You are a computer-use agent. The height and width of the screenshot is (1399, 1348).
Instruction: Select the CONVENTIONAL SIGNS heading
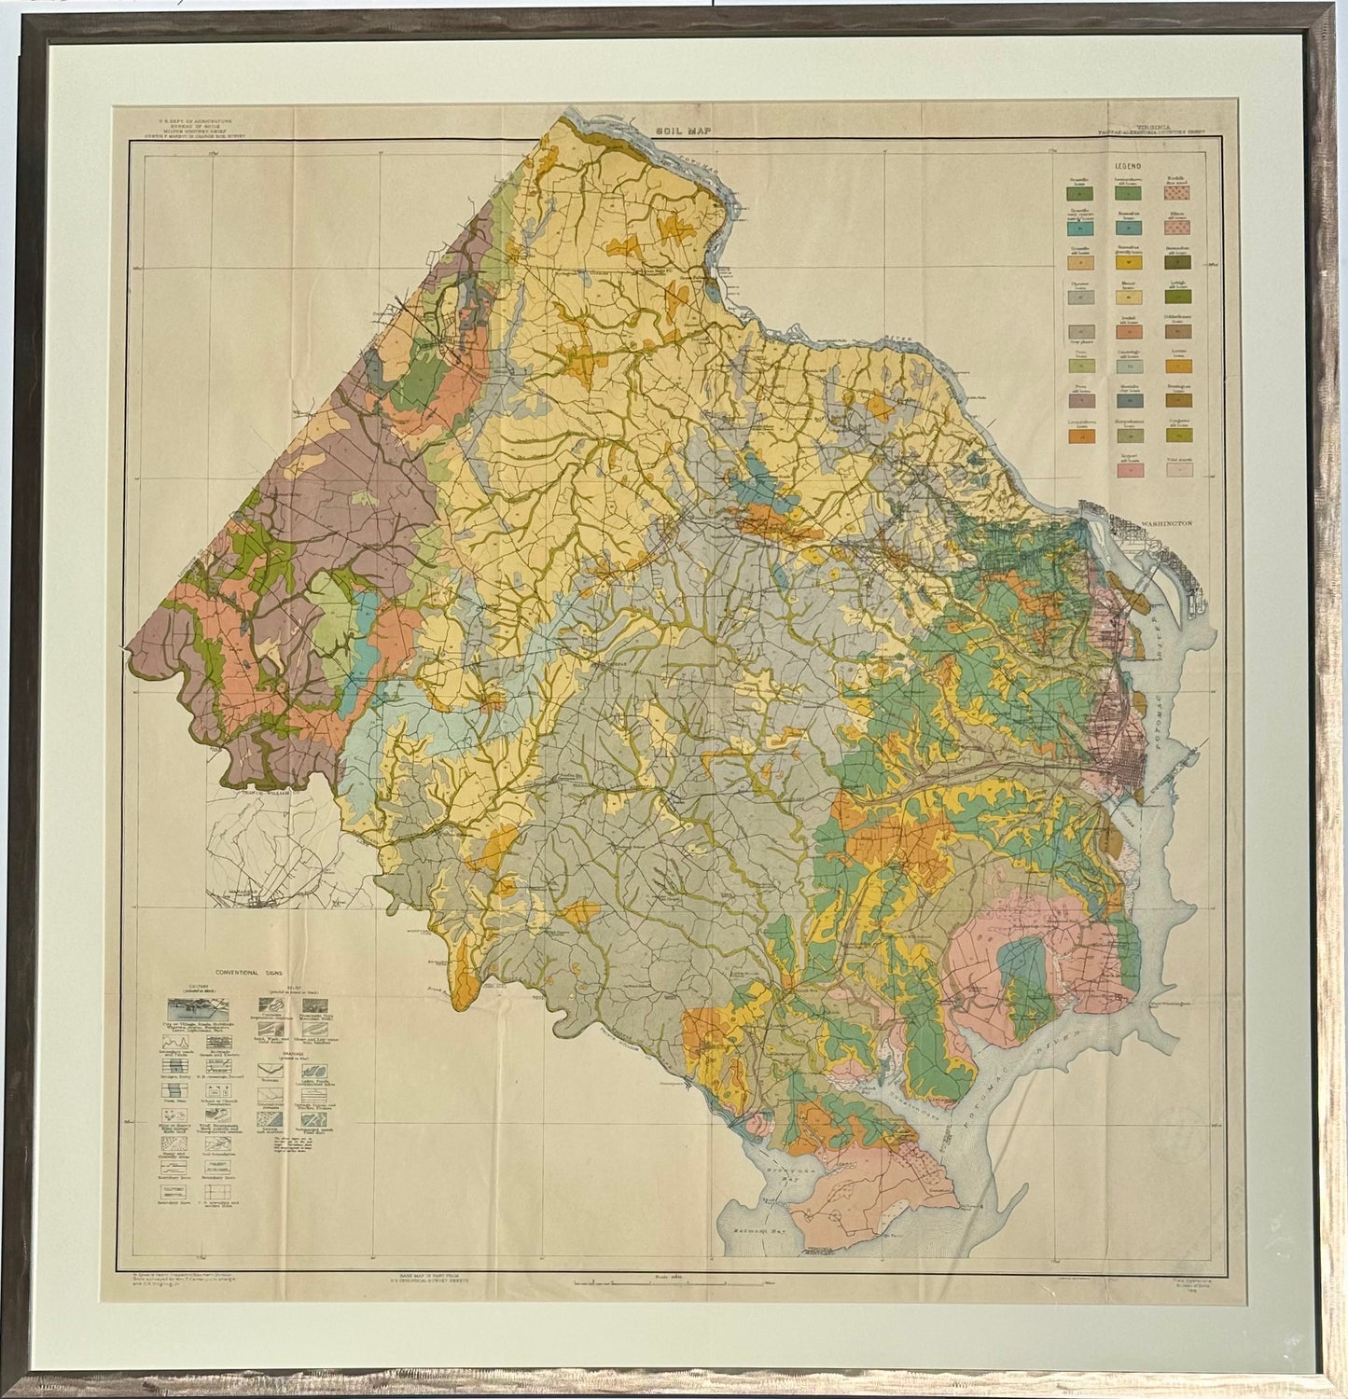250,969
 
